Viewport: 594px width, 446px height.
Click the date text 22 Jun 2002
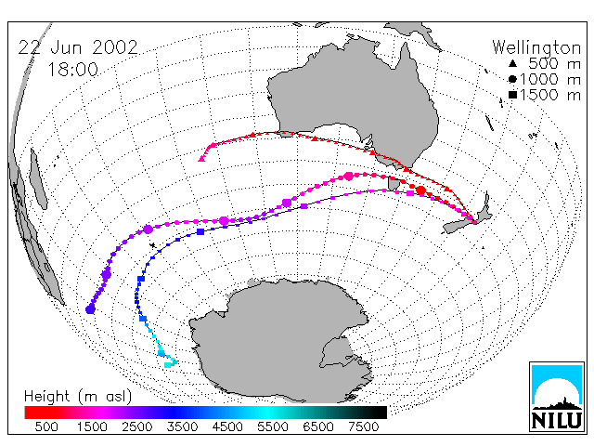tap(78, 47)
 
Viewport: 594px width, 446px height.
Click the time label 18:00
tap(72, 70)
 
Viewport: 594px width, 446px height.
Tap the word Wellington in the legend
tap(536, 47)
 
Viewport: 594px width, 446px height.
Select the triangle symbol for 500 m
tap(512, 63)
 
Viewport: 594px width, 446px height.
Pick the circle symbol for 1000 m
tap(512, 79)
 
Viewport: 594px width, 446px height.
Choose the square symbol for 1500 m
tap(512, 95)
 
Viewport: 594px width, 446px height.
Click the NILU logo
tap(557, 397)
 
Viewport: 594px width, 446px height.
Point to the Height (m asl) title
tap(78, 397)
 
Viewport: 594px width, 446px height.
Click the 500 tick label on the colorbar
tap(46, 426)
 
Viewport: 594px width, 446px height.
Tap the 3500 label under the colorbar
tap(182, 426)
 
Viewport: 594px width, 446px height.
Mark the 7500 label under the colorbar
tap(363, 426)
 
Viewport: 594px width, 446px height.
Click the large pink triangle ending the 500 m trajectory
tap(201, 159)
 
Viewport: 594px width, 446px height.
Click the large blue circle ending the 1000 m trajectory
tap(90, 309)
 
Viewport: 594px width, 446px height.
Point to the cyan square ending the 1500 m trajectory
tap(167, 365)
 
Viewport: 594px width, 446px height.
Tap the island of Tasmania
tap(394, 184)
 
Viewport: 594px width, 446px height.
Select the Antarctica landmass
tap(280, 341)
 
